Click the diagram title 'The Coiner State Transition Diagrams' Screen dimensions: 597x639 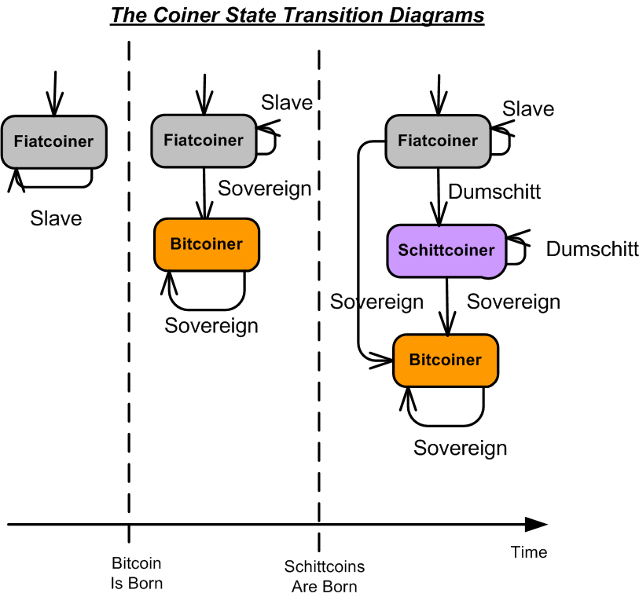(x=297, y=15)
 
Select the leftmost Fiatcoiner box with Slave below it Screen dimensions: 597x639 (x=53, y=141)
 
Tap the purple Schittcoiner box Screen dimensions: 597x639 (x=446, y=251)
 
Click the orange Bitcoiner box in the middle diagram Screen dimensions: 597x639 (x=206, y=244)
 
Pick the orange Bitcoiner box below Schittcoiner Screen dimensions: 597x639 (x=445, y=360)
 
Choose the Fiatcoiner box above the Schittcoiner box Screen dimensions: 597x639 (x=437, y=141)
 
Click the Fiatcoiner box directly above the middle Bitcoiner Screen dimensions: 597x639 (x=204, y=140)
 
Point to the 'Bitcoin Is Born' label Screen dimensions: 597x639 (x=137, y=573)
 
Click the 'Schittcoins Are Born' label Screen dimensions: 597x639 (x=324, y=577)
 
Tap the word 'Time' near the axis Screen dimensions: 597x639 (x=528, y=552)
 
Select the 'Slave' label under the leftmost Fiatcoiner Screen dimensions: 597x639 (x=56, y=218)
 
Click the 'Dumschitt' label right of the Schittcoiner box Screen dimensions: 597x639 (x=592, y=249)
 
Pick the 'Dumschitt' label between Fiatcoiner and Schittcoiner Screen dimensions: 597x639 (x=494, y=191)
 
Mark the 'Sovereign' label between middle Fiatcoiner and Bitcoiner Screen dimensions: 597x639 (x=264, y=189)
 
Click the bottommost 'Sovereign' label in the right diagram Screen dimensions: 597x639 (x=460, y=448)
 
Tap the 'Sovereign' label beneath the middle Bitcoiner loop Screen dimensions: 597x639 (x=211, y=325)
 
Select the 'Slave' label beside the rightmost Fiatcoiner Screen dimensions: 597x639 (x=528, y=109)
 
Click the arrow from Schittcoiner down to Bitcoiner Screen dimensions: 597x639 (x=447, y=306)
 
